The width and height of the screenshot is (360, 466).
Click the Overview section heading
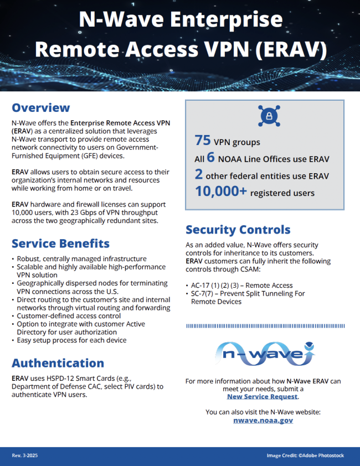[x=41, y=107]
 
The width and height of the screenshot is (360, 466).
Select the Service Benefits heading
[x=60, y=244]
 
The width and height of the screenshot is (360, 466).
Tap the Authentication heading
[x=58, y=363]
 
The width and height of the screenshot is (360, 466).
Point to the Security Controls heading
[x=238, y=229]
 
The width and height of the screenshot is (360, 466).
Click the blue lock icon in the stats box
[x=265, y=116]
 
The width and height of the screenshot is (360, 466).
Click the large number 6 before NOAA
[x=210, y=158]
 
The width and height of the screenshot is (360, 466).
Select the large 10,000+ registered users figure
[x=220, y=191]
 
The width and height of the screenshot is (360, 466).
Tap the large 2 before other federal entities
[x=199, y=175]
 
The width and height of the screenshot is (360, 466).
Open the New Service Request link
[x=263, y=396]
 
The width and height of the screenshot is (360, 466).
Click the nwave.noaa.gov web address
[x=263, y=420]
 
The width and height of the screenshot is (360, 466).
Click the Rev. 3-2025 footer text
[x=25, y=455]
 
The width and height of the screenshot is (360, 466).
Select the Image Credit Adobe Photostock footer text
[x=305, y=455]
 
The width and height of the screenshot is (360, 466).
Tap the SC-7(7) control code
[x=205, y=293]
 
